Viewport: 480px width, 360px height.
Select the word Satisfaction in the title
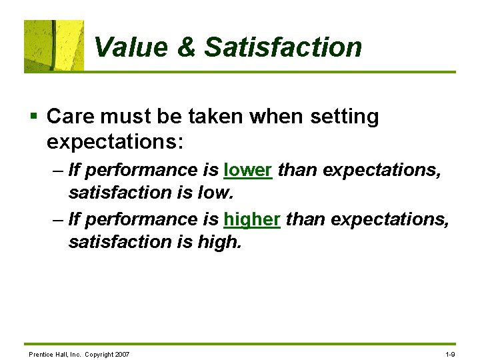coord(283,47)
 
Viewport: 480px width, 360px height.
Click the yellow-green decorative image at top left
coord(54,45)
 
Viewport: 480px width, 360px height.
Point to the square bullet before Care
coord(33,117)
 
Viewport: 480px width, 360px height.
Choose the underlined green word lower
coord(248,170)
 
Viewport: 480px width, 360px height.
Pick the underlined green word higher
coord(252,219)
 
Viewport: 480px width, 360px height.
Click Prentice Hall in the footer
coord(46,353)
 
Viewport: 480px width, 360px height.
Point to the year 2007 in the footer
coord(122,353)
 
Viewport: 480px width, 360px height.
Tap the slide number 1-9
coord(449,353)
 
